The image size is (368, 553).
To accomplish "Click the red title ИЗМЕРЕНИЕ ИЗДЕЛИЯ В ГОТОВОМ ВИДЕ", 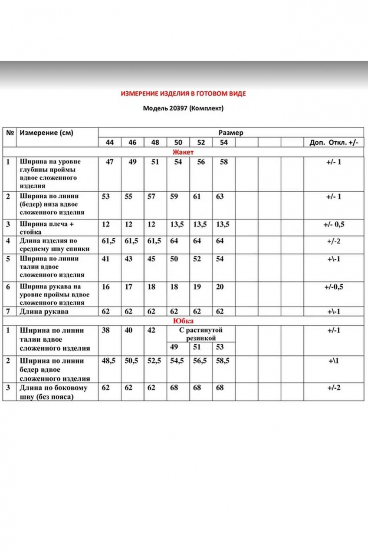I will [183, 93].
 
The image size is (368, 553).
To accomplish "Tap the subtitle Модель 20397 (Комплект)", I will [183, 109].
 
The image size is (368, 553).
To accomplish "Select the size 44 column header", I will [110, 143].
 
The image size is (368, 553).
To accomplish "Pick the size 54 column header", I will [223, 143].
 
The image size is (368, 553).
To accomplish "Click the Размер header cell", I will [230, 133].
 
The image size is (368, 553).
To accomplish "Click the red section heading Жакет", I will [183, 152].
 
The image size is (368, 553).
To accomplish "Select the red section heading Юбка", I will [183, 321].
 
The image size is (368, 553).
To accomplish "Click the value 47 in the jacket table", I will [110, 162].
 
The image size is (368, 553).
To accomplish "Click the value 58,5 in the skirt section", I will [224, 361].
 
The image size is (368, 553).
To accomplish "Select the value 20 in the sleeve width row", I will [220, 287].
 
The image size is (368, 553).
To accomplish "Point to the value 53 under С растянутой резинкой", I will [220, 346].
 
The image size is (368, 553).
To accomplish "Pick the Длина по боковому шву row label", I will [53, 392].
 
